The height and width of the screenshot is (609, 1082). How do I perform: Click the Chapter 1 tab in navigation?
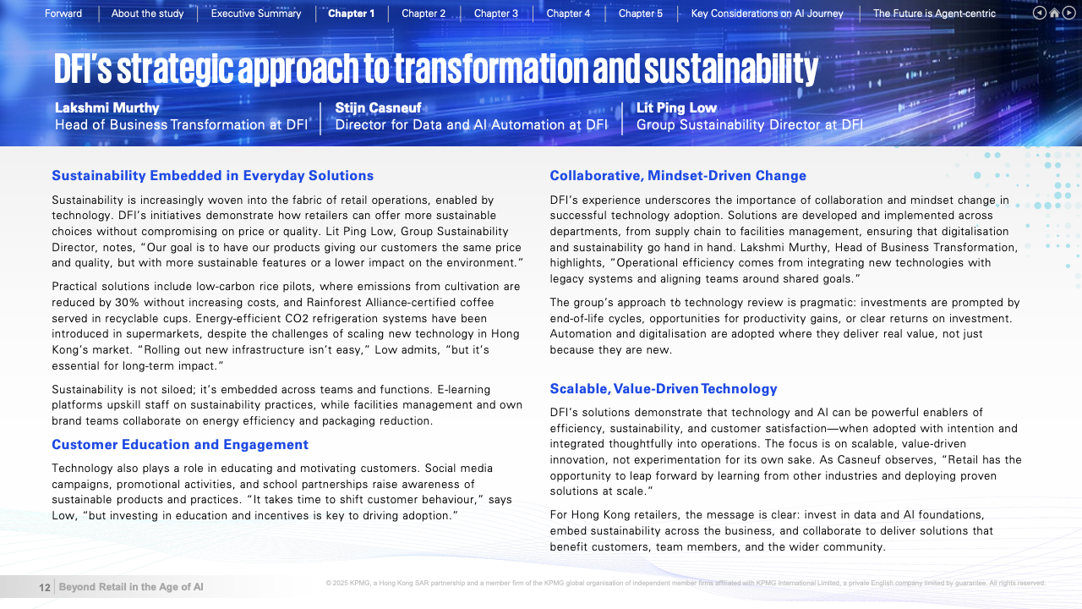click(x=351, y=14)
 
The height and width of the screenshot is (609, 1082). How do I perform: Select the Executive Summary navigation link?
click(x=256, y=14)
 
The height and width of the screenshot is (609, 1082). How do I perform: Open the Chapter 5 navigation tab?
click(x=641, y=14)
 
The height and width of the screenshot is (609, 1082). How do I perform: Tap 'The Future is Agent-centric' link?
click(x=934, y=14)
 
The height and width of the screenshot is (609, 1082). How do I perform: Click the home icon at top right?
click(x=1055, y=13)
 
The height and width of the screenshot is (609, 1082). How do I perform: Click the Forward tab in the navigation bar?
click(x=63, y=14)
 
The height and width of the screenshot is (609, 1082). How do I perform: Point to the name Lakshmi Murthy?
click(x=107, y=108)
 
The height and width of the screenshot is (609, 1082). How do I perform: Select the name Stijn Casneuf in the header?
click(x=378, y=108)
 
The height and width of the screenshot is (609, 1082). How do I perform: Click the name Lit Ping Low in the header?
click(x=676, y=108)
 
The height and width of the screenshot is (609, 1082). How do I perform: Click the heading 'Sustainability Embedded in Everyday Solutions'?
click(x=212, y=176)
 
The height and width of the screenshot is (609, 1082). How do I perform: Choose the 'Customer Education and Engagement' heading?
click(x=180, y=445)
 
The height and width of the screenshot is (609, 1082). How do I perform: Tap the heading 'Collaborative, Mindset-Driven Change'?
click(x=678, y=176)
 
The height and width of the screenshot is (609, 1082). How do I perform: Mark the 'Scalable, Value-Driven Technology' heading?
click(x=664, y=389)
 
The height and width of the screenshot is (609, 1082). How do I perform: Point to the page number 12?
click(x=45, y=587)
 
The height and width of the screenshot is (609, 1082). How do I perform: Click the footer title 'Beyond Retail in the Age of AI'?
click(x=131, y=587)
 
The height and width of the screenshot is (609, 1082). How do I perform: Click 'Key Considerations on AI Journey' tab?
click(x=767, y=14)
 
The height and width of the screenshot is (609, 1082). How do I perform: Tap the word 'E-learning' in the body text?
click(x=463, y=389)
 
